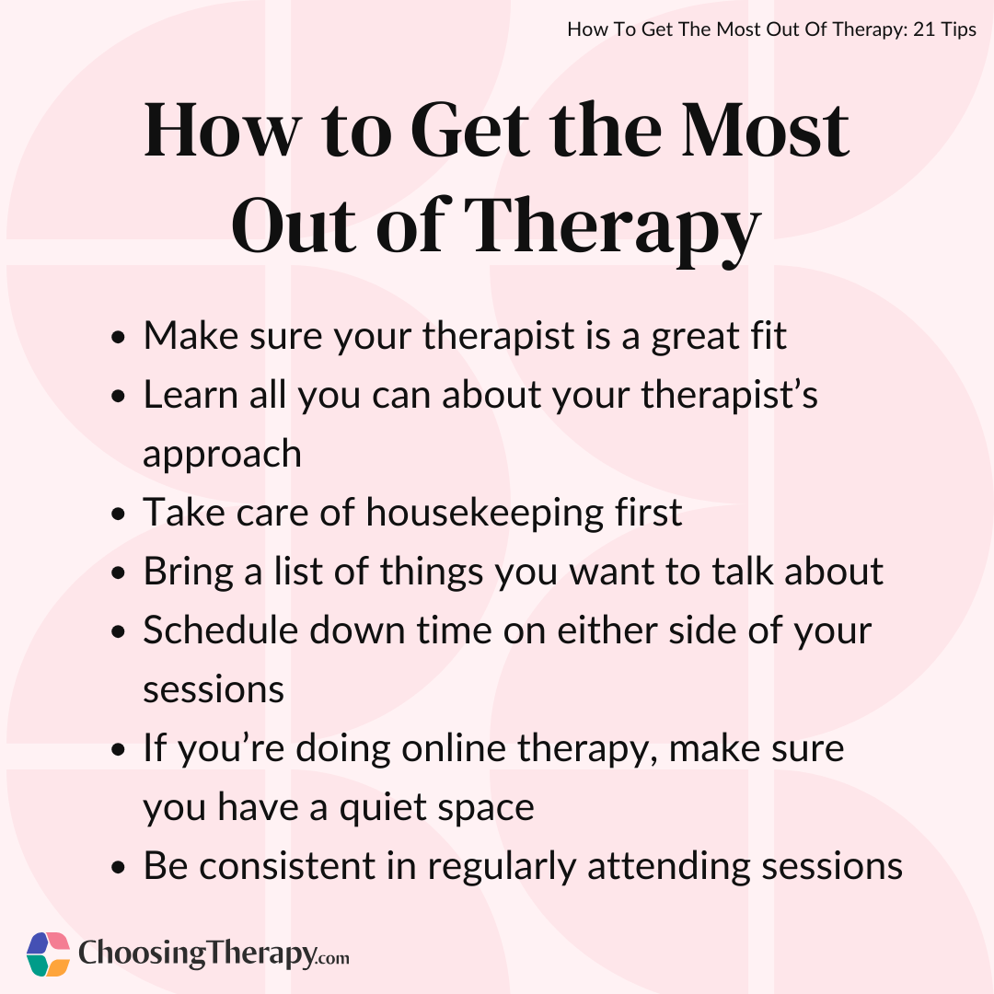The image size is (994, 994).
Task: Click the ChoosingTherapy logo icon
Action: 48,954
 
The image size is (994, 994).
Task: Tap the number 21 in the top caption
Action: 924,29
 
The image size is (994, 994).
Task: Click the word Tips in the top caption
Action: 959,29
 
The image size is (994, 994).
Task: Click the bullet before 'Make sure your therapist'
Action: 118,337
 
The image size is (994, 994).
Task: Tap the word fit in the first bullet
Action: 769,335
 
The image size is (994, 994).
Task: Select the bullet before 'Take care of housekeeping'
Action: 118,514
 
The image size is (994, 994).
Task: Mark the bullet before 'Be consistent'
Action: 118,868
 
